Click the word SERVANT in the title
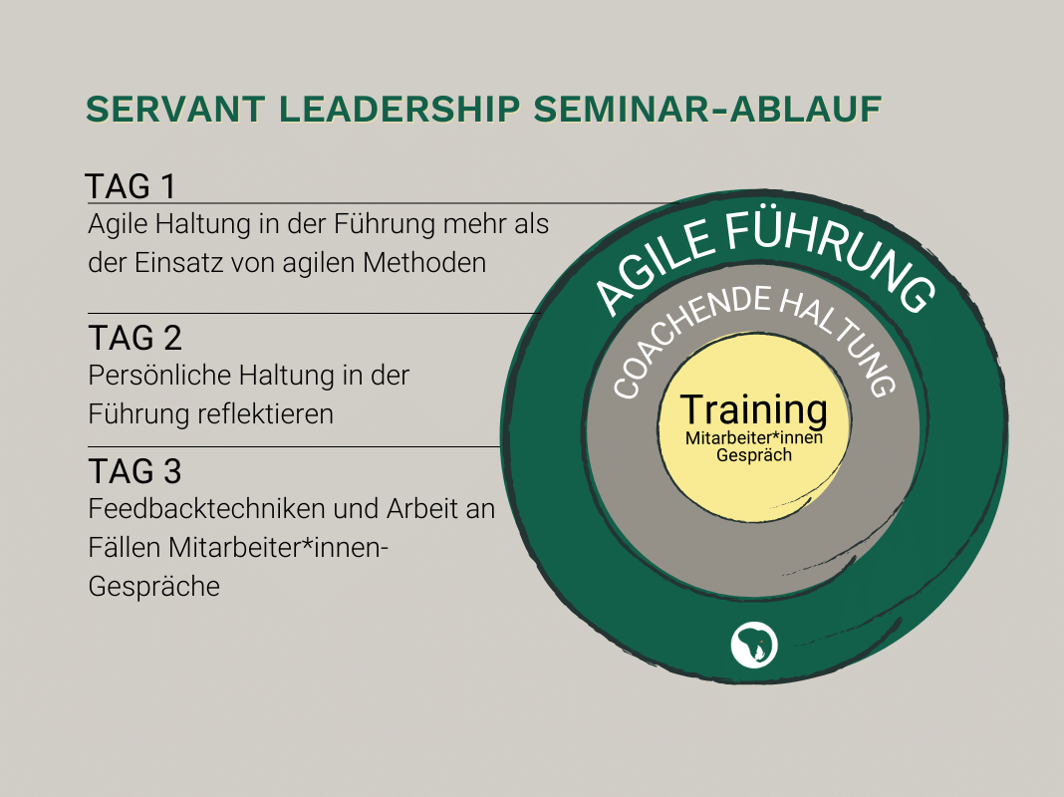175,110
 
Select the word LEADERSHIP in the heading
399,110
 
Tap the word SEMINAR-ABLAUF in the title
707,110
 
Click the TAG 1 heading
131,186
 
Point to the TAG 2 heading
135,338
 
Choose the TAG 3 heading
135,471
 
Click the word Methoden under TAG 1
424,263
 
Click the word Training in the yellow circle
754,410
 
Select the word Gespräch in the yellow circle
754,455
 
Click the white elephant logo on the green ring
754,645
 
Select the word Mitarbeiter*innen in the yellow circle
754,438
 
